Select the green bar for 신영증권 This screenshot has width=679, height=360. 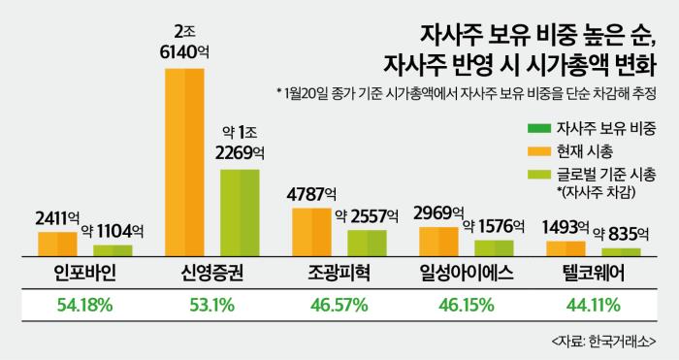(x=240, y=212)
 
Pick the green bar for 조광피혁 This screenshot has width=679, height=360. (x=367, y=242)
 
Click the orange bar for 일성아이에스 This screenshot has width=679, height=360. (x=438, y=241)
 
